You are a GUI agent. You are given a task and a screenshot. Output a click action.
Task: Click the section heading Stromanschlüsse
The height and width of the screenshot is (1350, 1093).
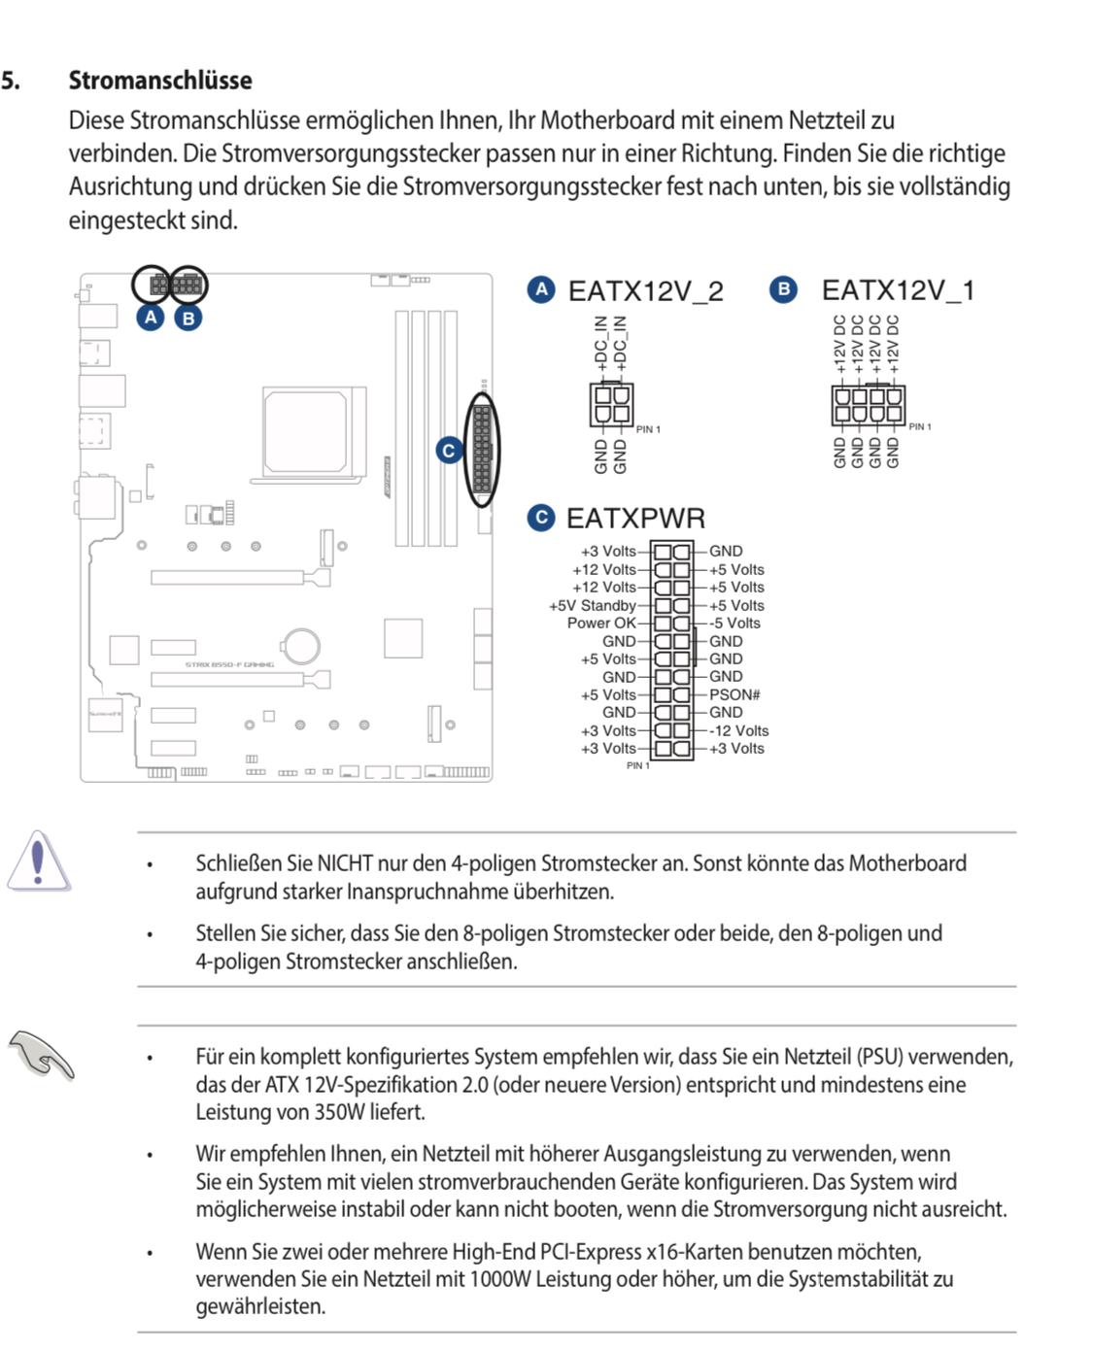coord(160,81)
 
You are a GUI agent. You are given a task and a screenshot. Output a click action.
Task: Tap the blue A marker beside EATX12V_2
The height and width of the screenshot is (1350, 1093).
coord(541,289)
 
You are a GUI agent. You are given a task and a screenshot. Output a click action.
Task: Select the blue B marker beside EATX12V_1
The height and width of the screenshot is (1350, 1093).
coord(783,289)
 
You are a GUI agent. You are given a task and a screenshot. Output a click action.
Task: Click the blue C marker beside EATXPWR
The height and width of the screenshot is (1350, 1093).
coord(541,518)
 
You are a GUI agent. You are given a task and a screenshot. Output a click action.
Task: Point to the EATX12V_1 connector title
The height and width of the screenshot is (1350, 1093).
coord(898,290)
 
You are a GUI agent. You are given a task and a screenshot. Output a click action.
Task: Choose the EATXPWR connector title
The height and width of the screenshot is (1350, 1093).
coord(635,519)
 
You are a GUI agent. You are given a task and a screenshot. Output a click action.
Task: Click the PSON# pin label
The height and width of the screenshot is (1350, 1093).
coord(734,694)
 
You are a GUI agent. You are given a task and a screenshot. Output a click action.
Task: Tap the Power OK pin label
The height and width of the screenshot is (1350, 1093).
coord(601,624)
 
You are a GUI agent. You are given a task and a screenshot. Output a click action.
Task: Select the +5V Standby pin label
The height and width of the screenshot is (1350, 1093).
coord(593,606)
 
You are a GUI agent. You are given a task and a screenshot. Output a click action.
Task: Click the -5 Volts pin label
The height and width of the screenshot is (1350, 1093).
coord(734,624)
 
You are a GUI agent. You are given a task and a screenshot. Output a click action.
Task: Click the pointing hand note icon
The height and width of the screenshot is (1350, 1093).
coord(41,1056)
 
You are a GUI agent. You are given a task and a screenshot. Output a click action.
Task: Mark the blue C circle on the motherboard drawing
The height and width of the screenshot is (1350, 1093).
coord(449,451)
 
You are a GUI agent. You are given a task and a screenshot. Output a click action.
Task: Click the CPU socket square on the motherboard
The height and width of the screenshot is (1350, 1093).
coord(306,431)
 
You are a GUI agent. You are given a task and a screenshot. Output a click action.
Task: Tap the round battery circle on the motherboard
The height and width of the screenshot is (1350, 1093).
coord(301,645)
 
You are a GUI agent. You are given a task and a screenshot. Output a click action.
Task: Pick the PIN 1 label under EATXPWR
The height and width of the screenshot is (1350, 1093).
coord(637,766)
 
